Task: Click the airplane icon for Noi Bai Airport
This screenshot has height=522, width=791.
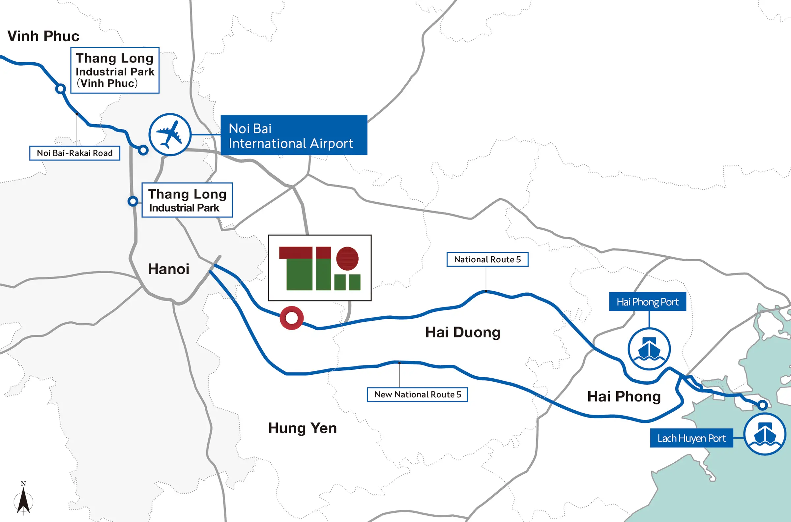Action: coord(170,134)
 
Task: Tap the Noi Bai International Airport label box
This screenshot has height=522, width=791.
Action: coord(294,135)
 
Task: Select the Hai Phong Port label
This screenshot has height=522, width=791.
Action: coord(647,302)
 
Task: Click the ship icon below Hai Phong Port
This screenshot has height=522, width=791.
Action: coord(649,349)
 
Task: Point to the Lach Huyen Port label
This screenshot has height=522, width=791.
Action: coord(691,438)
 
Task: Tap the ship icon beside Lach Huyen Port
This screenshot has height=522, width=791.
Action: coord(765,434)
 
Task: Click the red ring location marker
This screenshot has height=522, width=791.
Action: coord(291,318)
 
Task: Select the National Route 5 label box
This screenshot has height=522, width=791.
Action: coord(487,259)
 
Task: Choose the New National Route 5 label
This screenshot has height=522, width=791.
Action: coord(417,394)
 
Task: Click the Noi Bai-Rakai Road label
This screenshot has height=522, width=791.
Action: coord(74,153)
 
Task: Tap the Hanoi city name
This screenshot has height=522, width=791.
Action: coord(168,269)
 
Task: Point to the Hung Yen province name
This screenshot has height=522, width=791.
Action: coord(302,428)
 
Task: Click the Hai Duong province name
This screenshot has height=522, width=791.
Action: coord(463,332)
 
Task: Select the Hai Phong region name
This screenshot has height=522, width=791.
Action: coord(624,396)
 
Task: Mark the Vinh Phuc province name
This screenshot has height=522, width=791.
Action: coord(43,36)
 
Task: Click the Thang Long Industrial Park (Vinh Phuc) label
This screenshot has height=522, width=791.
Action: coord(115,70)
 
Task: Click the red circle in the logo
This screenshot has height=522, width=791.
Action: coord(347,258)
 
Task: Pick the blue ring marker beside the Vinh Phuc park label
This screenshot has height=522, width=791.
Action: coord(60,89)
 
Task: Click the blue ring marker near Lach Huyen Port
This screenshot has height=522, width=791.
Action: coord(762,405)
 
